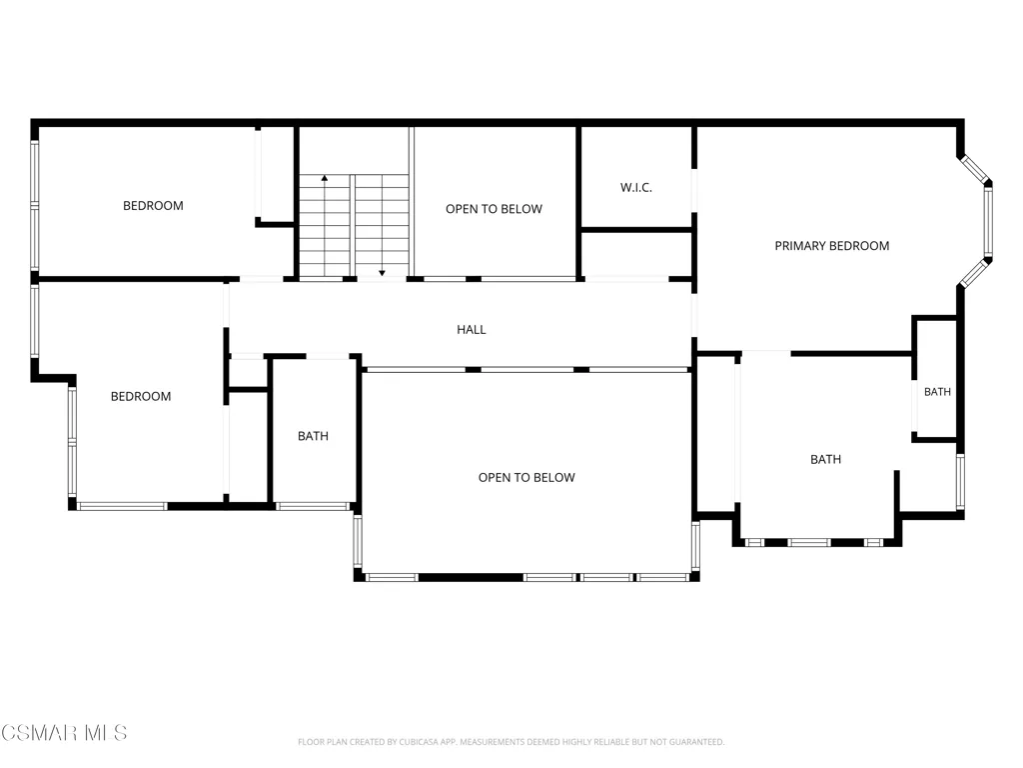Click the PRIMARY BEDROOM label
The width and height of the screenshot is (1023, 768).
[x=832, y=246]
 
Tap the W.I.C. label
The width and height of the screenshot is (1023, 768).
[x=636, y=188]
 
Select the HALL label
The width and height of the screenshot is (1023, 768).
[x=472, y=330]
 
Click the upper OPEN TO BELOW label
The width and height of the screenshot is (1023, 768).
[x=494, y=209]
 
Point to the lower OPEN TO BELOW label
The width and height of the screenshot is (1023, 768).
[x=526, y=477]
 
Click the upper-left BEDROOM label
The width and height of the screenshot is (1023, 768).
[x=153, y=206]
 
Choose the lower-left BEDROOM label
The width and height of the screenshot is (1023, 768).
[x=141, y=396]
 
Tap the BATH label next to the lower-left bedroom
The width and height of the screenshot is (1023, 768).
[x=313, y=436]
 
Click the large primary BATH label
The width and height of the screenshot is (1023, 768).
[x=826, y=460]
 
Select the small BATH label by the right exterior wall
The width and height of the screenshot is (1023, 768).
[x=937, y=392]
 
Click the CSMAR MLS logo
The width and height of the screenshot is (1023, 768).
[x=64, y=733]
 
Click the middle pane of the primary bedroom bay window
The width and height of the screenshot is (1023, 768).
[x=988, y=221]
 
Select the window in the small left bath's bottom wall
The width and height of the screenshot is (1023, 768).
[x=313, y=506]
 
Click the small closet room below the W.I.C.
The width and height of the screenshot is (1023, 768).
[x=636, y=255]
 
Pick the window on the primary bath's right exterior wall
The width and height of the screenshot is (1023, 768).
[x=960, y=482]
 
